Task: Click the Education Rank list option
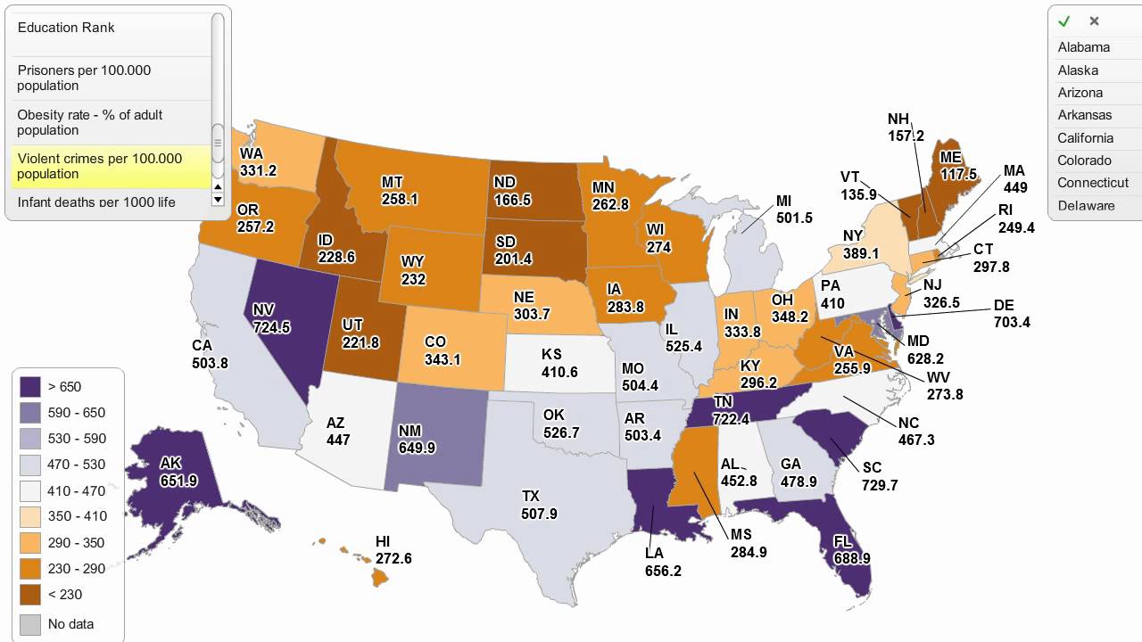click(x=67, y=28)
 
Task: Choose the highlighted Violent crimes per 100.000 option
click(x=100, y=166)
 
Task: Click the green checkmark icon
click(x=1063, y=21)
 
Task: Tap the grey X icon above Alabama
click(x=1094, y=21)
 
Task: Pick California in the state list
click(x=1085, y=138)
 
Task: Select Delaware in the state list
click(x=1086, y=206)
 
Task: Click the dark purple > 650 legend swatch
click(x=31, y=387)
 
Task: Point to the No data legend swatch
click(x=31, y=624)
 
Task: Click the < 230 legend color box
click(x=31, y=595)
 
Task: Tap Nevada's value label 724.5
click(x=271, y=327)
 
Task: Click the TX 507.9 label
click(x=539, y=506)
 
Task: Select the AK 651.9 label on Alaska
click(x=178, y=473)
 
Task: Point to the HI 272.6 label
click(x=393, y=550)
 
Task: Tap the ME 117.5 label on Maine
click(x=958, y=167)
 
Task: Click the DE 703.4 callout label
click(x=1011, y=314)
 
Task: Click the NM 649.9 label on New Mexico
click(x=417, y=440)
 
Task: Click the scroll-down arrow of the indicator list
click(x=218, y=200)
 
